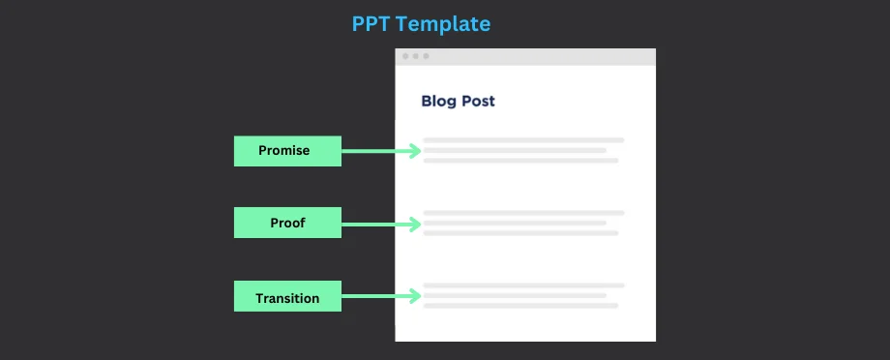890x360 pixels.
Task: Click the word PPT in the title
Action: pyautogui.click(x=371, y=24)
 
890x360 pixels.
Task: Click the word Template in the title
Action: pyautogui.click(x=443, y=24)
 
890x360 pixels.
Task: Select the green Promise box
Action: pyautogui.click(x=287, y=151)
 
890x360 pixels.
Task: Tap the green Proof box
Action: pyautogui.click(x=287, y=223)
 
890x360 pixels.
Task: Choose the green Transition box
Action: pyautogui.click(x=287, y=296)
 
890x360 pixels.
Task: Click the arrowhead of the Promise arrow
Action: pyautogui.click(x=415, y=151)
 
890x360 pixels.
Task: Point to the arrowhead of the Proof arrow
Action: pyautogui.click(x=415, y=225)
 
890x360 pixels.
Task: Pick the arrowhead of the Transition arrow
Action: pyautogui.click(x=415, y=296)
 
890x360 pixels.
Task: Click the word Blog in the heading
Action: pyautogui.click(x=439, y=101)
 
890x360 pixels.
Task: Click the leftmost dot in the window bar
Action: pyautogui.click(x=405, y=56)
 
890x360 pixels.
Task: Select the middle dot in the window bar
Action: pyautogui.click(x=415, y=56)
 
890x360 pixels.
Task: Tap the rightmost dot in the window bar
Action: pyautogui.click(x=426, y=56)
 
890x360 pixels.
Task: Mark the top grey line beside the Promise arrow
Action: pyautogui.click(x=523, y=140)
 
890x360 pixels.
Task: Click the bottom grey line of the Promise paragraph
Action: pyautogui.click(x=520, y=161)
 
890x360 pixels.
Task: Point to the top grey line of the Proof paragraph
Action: pyautogui.click(x=523, y=213)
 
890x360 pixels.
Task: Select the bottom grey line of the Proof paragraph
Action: pyautogui.click(x=520, y=233)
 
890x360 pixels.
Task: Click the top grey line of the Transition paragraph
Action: pyautogui.click(x=523, y=285)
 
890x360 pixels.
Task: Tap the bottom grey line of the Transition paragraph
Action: pyautogui.click(x=520, y=306)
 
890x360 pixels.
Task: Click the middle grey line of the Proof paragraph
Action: pyautogui.click(x=515, y=224)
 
